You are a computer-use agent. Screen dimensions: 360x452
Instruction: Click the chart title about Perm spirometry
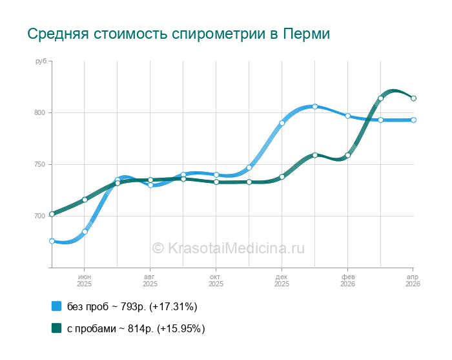click(x=178, y=34)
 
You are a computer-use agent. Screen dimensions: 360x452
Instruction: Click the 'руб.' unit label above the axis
click(x=41, y=61)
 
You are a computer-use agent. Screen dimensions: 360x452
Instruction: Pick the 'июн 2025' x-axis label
click(x=85, y=280)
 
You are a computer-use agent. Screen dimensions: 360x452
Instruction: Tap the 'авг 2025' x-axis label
click(x=150, y=280)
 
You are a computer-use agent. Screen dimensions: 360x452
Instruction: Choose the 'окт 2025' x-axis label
click(x=216, y=280)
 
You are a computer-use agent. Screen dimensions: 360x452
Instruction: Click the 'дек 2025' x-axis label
click(x=282, y=280)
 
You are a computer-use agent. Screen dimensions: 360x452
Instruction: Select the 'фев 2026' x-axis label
click(x=347, y=280)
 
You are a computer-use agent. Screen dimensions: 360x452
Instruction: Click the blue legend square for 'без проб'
click(x=56, y=306)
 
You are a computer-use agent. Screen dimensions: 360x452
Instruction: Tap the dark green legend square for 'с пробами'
click(x=56, y=328)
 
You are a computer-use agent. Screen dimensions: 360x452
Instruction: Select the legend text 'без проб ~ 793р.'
click(x=132, y=306)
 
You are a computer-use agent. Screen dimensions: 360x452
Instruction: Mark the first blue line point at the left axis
click(x=52, y=241)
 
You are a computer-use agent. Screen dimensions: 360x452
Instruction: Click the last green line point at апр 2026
click(x=413, y=98)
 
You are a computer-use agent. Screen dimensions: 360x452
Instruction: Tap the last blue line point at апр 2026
click(x=413, y=120)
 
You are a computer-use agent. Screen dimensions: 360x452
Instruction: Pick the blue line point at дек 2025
click(x=282, y=123)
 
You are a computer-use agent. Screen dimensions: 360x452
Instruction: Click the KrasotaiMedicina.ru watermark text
click(x=228, y=248)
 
